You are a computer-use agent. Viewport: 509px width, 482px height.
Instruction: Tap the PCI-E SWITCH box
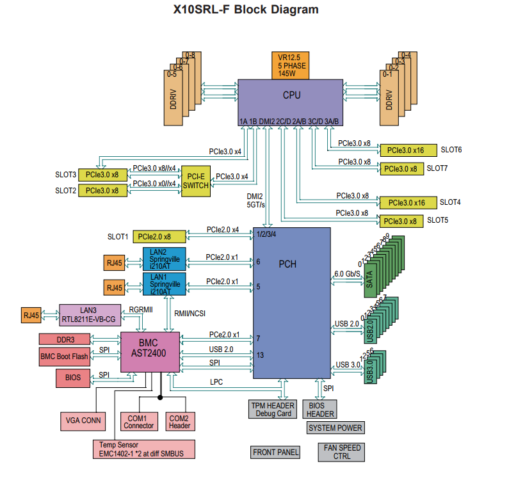pos(196,181)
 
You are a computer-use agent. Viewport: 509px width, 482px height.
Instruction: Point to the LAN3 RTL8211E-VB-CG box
pos(90,315)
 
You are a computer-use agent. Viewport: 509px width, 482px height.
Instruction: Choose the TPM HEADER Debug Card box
pos(271,410)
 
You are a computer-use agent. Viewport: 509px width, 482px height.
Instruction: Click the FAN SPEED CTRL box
pos(342,452)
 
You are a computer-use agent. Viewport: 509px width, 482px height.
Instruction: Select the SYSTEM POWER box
pos(335,428)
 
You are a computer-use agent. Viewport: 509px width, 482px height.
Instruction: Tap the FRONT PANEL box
pos(275,453)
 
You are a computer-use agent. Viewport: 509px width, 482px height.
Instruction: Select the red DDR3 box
pos(67,339)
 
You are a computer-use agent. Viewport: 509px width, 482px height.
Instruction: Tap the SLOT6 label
pos(451,150)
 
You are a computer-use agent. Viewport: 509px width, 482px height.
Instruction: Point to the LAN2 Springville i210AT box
pos(164,259)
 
